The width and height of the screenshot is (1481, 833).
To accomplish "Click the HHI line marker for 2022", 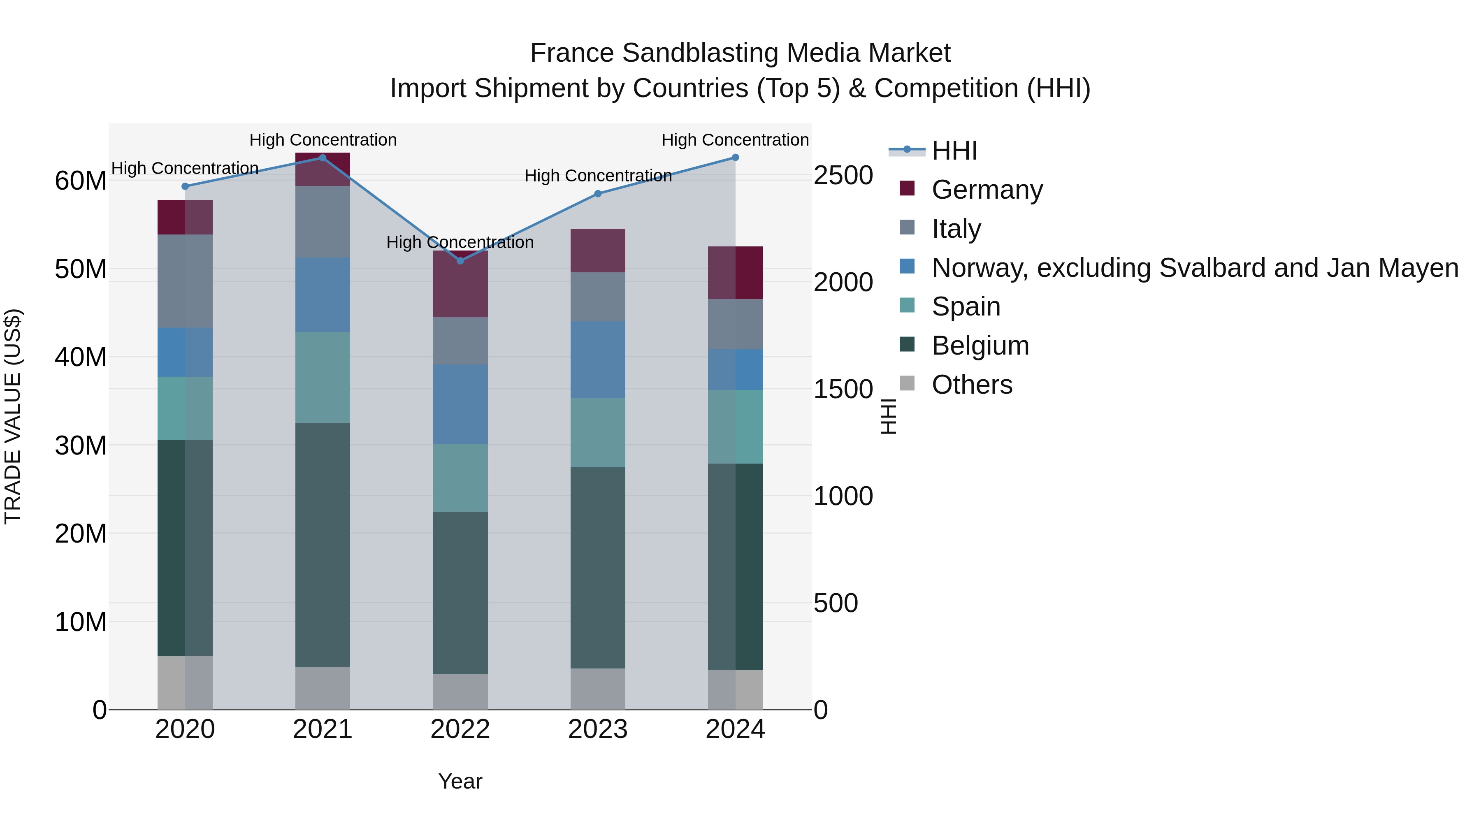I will [460, 261].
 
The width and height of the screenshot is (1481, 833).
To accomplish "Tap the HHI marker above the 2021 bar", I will [323, 158].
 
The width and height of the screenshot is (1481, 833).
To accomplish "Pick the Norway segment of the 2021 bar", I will [323, 295].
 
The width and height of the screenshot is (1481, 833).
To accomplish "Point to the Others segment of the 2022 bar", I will [460, 691].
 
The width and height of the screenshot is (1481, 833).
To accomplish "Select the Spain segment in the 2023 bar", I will [597, 433].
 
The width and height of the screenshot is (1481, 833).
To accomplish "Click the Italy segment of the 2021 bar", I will [323, 222].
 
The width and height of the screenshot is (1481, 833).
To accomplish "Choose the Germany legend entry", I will [986, 190].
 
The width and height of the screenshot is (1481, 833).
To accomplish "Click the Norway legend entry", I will [1194, 268].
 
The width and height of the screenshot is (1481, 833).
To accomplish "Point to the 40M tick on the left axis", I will [81, 357].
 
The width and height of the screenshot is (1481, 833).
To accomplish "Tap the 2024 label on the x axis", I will [735, 729].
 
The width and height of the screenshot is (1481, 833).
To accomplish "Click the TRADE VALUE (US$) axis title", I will [13, 416].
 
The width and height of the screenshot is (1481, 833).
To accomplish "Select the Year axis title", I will [460, 781].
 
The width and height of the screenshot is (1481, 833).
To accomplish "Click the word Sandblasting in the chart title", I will [701, 53].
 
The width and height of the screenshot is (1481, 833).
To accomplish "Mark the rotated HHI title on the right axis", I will [888, 416].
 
